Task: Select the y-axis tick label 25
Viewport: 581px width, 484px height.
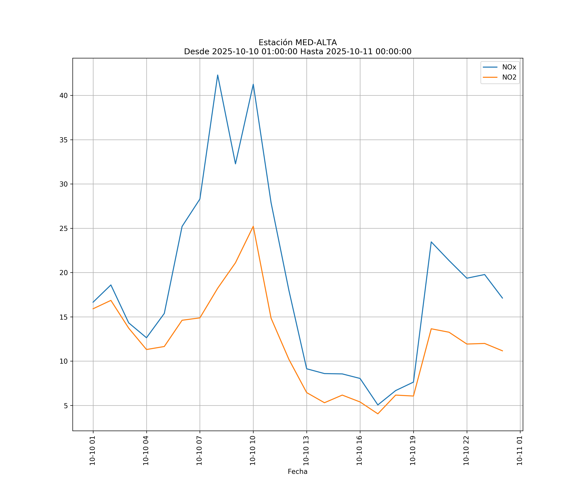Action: coord(64,228)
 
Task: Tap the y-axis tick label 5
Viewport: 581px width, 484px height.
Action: coord(66,406)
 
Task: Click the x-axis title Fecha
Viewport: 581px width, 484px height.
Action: coord(297,472)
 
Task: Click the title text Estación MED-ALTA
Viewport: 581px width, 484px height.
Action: coord(297,43)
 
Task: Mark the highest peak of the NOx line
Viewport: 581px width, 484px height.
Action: coord(218,75)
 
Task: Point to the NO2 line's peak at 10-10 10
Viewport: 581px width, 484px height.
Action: coord(253,227)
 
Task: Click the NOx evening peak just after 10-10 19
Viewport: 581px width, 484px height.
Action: coord(431,242)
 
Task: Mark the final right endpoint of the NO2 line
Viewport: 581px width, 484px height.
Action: coord(502,351)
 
